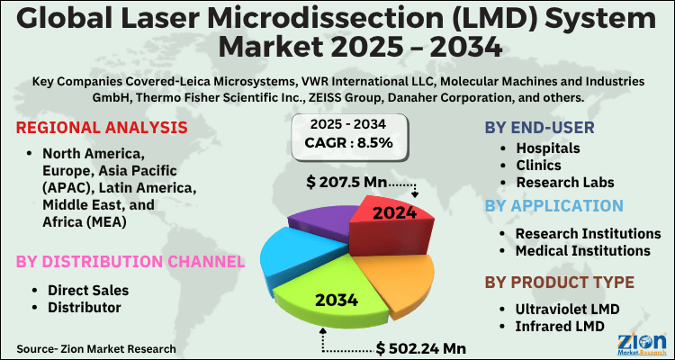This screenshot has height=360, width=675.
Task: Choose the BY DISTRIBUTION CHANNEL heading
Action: point(129,262)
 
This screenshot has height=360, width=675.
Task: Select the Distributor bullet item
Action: point(83,308)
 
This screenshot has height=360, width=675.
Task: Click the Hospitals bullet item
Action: point(547,148)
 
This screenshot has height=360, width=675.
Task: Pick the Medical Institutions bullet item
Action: point(582,250)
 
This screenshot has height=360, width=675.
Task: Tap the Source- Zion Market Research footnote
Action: point(95,347)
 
